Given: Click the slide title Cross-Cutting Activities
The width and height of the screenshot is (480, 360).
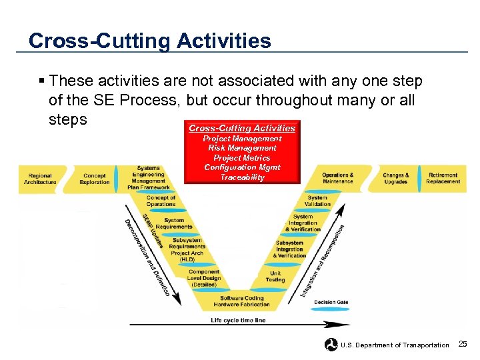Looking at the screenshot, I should tap(150, 41).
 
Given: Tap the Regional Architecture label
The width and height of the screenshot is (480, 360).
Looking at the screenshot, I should tap(41, 179).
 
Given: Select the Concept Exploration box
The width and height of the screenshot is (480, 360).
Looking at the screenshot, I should tap(94, 179).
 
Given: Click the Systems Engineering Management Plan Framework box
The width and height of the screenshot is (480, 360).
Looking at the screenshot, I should tap(148, 178).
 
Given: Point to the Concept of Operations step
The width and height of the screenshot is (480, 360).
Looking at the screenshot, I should tap(161, 201).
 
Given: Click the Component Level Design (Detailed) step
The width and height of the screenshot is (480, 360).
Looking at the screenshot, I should tap(203, 278).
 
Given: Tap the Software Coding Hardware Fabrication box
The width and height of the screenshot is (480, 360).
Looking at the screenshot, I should tap(241, 301).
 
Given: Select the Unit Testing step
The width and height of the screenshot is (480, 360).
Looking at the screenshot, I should tap(275, 277).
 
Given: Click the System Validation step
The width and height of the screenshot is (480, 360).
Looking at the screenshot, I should tap(317, 201).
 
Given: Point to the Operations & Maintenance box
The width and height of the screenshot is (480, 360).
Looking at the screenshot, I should tap(337, 178).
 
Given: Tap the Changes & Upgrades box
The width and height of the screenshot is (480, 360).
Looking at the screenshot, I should tap(395, 178).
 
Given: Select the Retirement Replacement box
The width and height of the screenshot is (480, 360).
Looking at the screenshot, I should tap(443, 178).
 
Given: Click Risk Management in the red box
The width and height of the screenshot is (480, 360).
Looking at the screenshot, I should tap(242, 148).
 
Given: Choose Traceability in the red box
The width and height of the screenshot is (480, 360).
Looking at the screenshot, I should tap(242, 177).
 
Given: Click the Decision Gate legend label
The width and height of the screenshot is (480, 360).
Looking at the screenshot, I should tap(331, 302).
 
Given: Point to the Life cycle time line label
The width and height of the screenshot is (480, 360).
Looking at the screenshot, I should tap(238, 320).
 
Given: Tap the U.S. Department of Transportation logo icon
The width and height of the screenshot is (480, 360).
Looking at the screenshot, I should tap(331, 345).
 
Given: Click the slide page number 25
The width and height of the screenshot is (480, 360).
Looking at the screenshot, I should tap(463, 344).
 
